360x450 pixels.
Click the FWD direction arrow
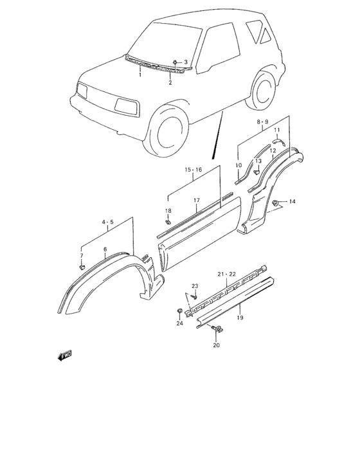[x=64, y=355]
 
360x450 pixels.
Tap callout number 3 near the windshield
[x=186, y=62]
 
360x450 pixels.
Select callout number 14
[x=292, y=201]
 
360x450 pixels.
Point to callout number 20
[x=216, y=345]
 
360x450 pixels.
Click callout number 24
[x=179, y=323]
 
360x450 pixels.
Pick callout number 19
[x=240, y=318]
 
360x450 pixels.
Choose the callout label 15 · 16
[x=194, y=170]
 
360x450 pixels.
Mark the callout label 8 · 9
[x=262, y=122]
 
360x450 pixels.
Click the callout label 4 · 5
[x=107, y=222]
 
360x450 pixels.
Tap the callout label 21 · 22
[x=226, y=274]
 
